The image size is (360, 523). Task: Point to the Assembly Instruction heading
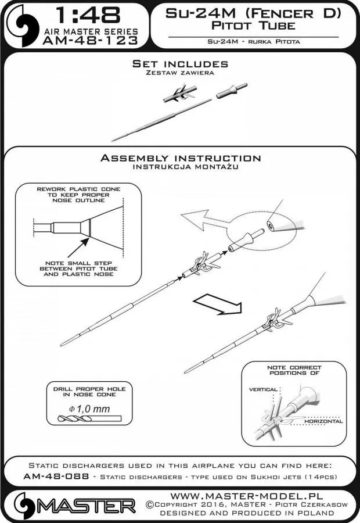click(x=180, y=158)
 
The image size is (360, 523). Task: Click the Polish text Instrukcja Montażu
click(x=180, y=167)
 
